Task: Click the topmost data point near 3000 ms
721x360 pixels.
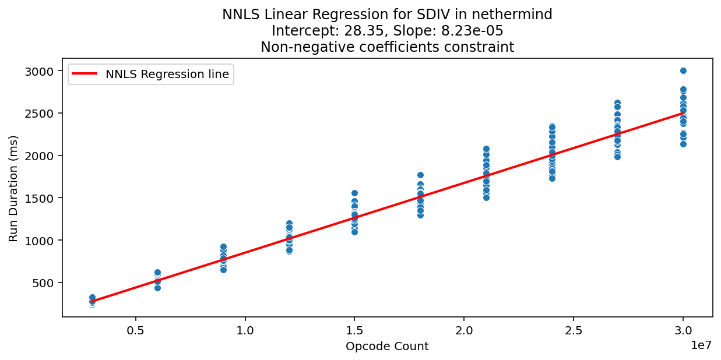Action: [x=683, y=70]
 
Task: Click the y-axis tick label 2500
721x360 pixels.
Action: [x=44, y=113]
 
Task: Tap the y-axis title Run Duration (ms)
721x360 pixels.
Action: [x=13, y=188]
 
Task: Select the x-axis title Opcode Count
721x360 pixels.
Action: [x=387, y=347]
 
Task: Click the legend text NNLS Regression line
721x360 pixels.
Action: [x=167, y=74]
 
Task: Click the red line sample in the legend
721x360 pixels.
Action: [x=86, y=74]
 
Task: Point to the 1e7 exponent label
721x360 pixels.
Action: [x=702, y=345]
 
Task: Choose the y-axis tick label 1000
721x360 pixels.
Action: [x=44, y=241]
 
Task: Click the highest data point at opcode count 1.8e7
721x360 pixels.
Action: [x=420, y=175]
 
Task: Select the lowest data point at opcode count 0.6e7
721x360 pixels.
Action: [x=157, y=288]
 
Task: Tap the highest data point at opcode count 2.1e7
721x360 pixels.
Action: [x=486, y=149]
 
